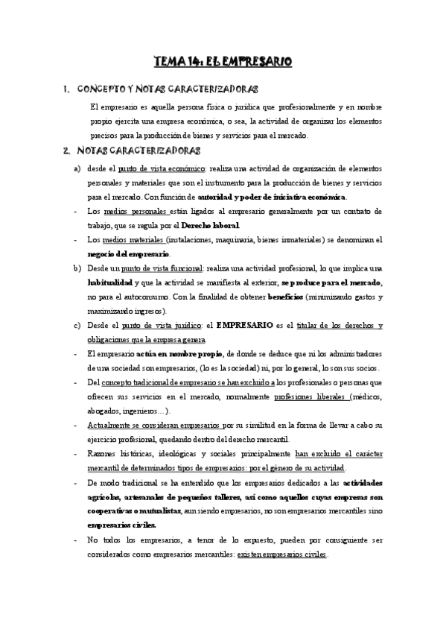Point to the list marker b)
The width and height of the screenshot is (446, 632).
(78, 268)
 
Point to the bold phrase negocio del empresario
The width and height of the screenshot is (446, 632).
(128, 254)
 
